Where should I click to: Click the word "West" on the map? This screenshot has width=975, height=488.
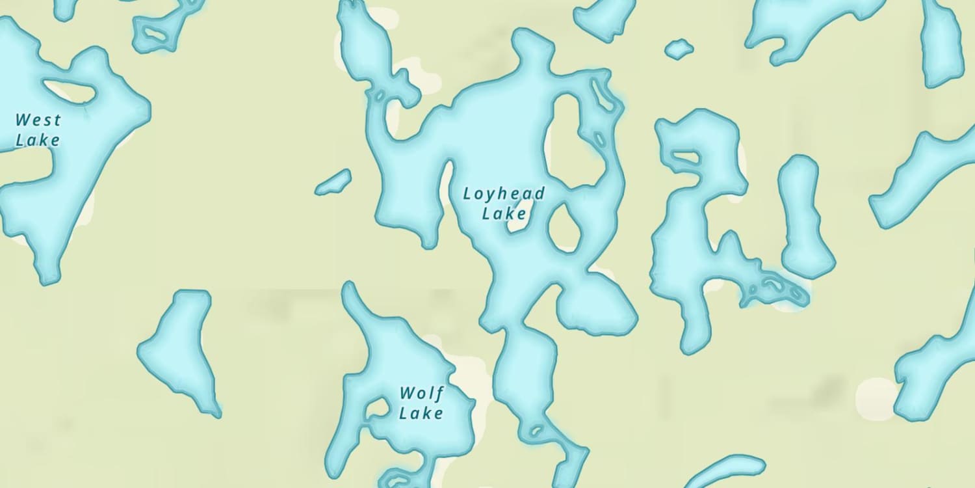[38, 120]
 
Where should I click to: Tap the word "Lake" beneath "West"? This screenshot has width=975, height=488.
[38, 140]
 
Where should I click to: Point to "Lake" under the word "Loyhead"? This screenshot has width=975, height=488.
[504, 213]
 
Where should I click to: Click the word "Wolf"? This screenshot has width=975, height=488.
[422, 393]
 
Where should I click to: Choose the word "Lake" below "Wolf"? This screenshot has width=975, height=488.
[421, 413]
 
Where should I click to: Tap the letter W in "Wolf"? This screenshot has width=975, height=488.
[407, 393]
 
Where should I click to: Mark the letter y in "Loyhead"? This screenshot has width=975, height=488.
[489, 195]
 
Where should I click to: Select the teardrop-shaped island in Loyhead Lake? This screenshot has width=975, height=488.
[564, 228]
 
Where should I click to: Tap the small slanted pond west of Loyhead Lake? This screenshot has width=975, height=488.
[333, 182]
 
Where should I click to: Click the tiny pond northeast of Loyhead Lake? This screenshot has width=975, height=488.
[679, 49]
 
